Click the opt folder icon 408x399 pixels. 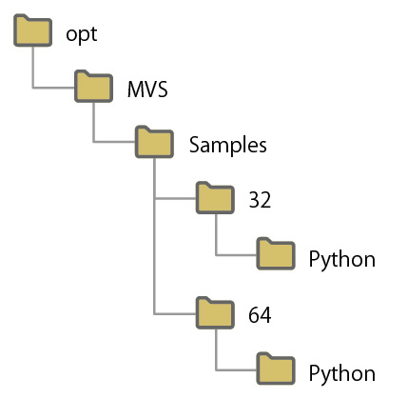(x=33, y=32)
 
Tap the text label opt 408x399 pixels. (x=82, y=34)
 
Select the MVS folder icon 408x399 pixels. (x=94, y=88)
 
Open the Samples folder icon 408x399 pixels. (x=155, y=143)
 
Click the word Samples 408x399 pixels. (x=227, y=145)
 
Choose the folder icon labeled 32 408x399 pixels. (x=215, y=199)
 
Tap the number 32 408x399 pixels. (x=260, y=201)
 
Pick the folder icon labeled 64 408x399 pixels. (x=215, y=312)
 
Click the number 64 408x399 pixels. (x=260, y=314)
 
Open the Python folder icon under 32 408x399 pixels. (x=277, y=255)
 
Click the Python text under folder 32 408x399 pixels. (x=341, y=258)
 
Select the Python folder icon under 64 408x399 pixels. (x=277, y=369)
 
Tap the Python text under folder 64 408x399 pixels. (x=341, y=371)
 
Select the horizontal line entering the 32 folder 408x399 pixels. (x=175, y=199)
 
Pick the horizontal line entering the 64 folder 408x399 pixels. (x=175, y=312)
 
